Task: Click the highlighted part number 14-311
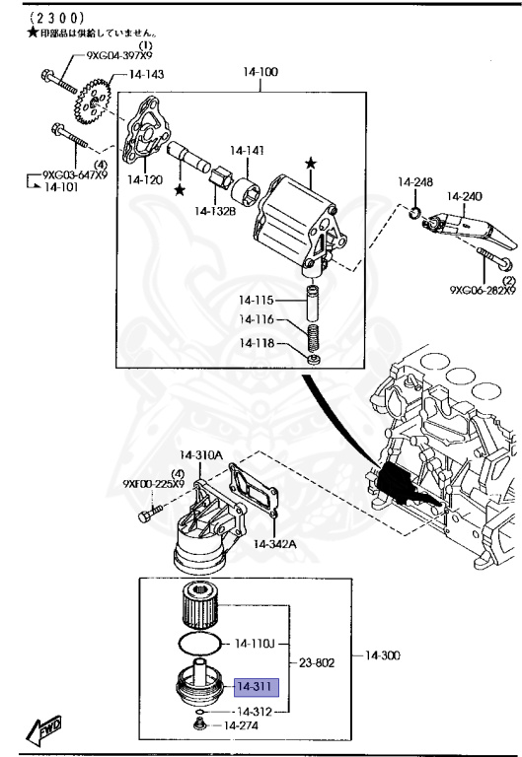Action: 255,687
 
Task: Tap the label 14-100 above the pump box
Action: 261,72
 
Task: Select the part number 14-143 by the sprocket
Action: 146,74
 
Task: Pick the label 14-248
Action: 415,181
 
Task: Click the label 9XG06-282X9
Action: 483,291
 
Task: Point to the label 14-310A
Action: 201,454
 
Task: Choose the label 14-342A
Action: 275,543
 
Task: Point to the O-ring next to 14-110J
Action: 202,643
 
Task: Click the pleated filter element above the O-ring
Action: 203,606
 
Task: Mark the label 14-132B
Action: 214,210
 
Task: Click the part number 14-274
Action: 242,726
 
